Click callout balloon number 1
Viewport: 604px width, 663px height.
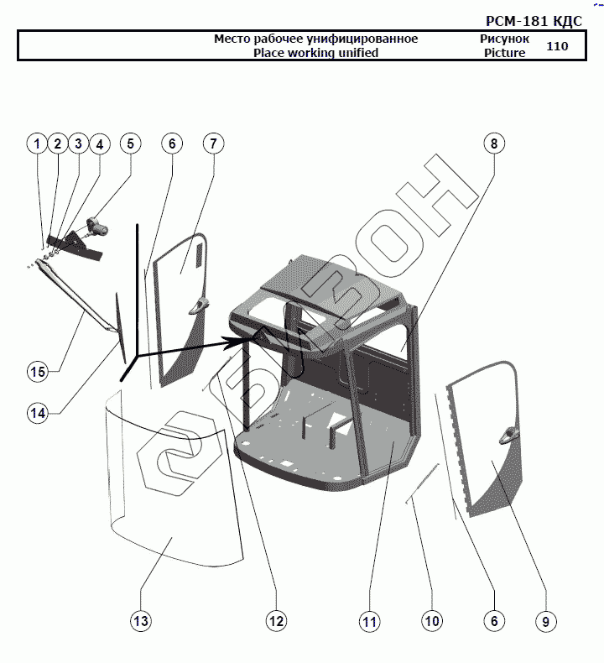[36, 144]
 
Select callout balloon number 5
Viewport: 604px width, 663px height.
[130, 144]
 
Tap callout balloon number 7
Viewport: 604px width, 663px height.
[213, 144]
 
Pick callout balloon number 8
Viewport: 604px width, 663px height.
[494, 144]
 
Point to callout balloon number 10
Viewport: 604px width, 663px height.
[431, 621]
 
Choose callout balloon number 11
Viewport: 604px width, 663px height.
[369, 621]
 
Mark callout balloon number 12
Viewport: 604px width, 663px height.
[276, 621]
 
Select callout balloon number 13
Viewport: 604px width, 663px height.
[141, 621]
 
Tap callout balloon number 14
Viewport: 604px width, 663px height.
[36, 412]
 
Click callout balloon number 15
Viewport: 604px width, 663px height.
[36, 371]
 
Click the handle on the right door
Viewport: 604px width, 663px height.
[508, 434]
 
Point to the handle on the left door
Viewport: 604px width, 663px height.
[198, 306]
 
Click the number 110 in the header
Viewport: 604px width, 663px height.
[557, 46]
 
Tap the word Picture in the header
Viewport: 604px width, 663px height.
[504, 53]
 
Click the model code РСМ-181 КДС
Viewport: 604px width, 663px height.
[534, 21]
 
